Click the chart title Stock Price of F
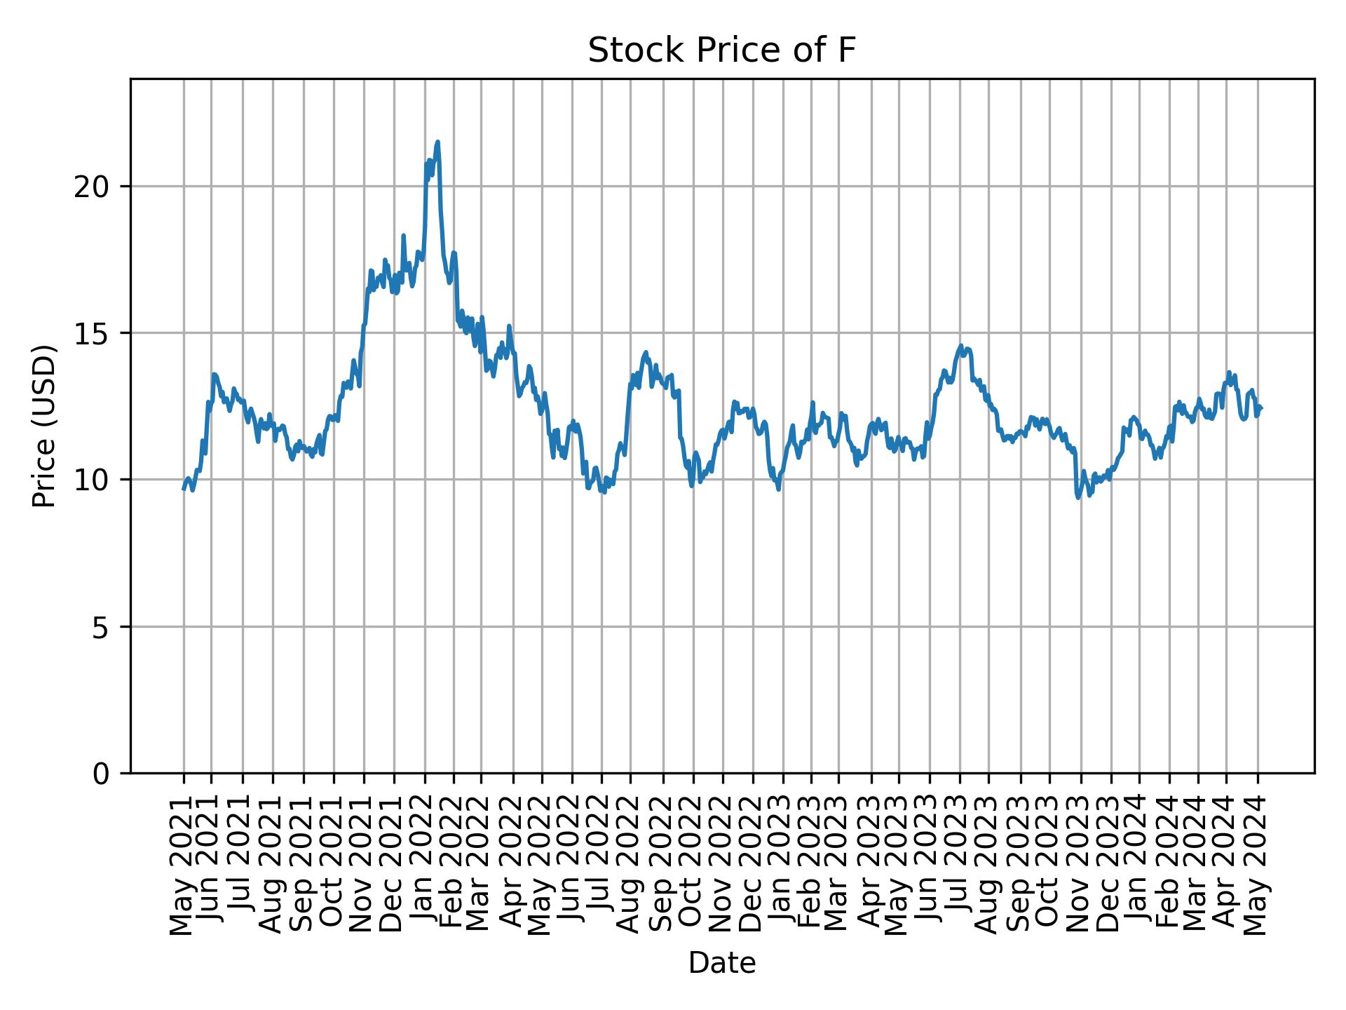721,51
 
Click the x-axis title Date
721,963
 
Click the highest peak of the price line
437,142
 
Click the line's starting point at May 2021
184,489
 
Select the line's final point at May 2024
1261,408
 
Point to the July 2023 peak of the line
960,345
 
